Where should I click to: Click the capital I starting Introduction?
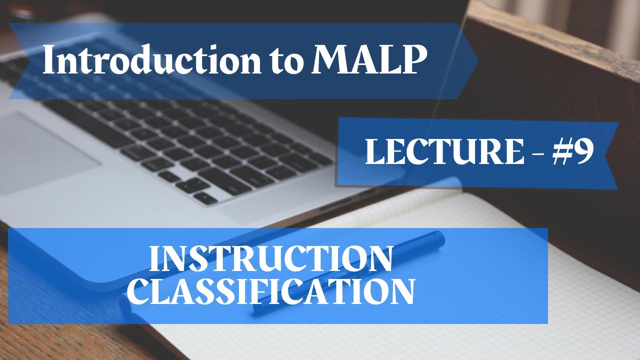coord(48,60)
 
